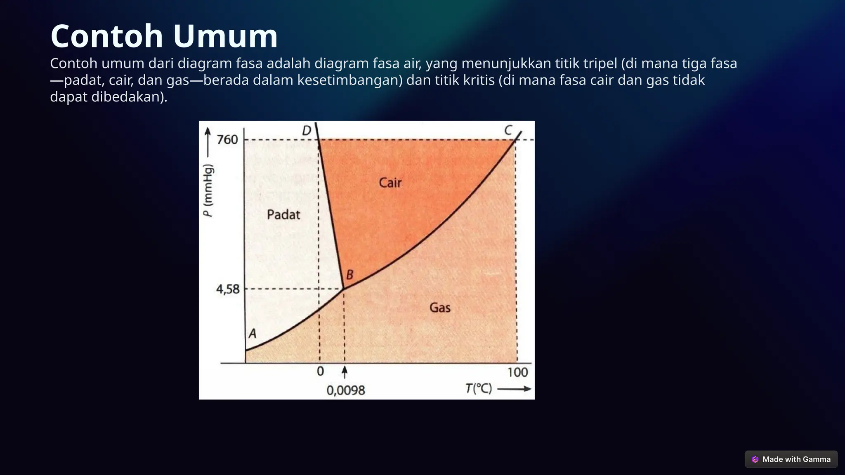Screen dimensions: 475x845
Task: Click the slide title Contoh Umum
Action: (164, 36)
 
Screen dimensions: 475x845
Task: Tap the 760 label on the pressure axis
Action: (227, 140)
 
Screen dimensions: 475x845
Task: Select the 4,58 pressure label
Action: (228, 289)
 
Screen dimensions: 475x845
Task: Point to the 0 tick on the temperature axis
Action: (320, 372)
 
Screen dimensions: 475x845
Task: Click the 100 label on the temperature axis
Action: (517, 372)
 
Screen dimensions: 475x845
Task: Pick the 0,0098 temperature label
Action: (346, 390)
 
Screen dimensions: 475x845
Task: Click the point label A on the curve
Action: (253, 334)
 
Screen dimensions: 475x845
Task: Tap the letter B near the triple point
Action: (349, 275)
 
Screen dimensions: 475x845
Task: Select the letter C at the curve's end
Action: (508, 131)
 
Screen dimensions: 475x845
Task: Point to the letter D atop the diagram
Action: (306, 131)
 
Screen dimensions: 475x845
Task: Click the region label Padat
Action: (283, 215)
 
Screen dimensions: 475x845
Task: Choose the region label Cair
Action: (390, 183)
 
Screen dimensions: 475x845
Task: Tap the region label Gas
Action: (440, 308)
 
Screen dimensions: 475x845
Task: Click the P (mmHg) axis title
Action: (209, 190)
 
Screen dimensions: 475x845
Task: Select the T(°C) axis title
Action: (479, 388)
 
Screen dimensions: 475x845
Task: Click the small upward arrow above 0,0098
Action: (345, 372)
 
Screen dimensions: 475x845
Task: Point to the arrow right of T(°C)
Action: (514, 389)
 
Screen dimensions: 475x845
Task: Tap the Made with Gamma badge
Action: (791, 459)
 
